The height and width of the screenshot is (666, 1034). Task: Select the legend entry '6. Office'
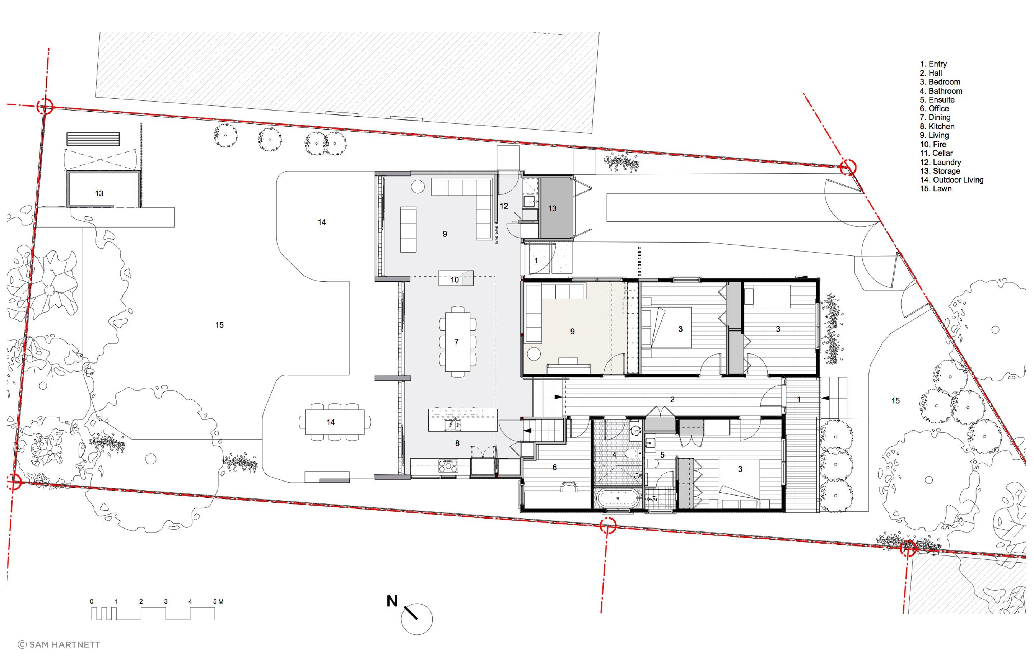(x=934, y=109)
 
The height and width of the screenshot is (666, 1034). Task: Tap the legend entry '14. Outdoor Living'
(x=951, y=180)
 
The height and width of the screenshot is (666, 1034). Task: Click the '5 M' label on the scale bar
(x=218, y=601)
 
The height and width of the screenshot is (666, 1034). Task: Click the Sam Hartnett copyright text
(x=59, y=645)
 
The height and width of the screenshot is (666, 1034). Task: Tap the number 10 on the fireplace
(x=454, y=280)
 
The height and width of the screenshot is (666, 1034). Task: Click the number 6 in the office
(x=554, y=467)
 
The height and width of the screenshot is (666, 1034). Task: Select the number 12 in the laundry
(x=504, y=206)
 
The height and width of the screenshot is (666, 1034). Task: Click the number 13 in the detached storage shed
(x=99, y=193)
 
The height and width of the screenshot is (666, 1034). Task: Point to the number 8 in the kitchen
(x=457, y=443)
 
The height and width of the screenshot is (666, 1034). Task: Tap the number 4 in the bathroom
(x=614, y=455)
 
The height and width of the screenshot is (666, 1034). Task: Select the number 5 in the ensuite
(x=662, y=455)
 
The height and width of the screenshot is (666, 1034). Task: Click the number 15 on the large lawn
(x=219, y=325)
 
